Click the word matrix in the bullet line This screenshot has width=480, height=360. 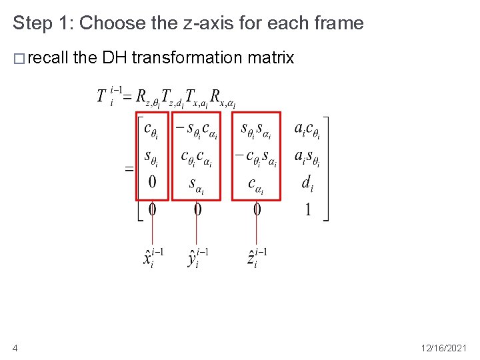point(270,58)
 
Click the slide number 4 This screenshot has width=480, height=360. point(15,347)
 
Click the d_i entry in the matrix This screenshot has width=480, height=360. point(307,183)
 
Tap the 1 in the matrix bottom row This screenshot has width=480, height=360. point(307,210)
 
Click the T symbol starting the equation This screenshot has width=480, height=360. point(102,95)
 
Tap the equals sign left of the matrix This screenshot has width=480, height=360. point(129,169)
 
